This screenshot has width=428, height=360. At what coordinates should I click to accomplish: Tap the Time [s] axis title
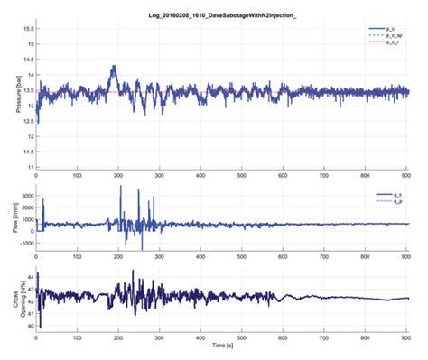pyautogui.click(x=220, y=347)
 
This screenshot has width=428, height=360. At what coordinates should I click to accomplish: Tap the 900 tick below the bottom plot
pyautogui.click(x=408, y=337)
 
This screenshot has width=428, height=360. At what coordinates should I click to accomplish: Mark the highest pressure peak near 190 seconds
pyautogui.click(x=114, y=66)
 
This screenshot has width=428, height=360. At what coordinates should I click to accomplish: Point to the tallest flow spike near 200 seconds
pyautogui.click(x=121, y=187)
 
